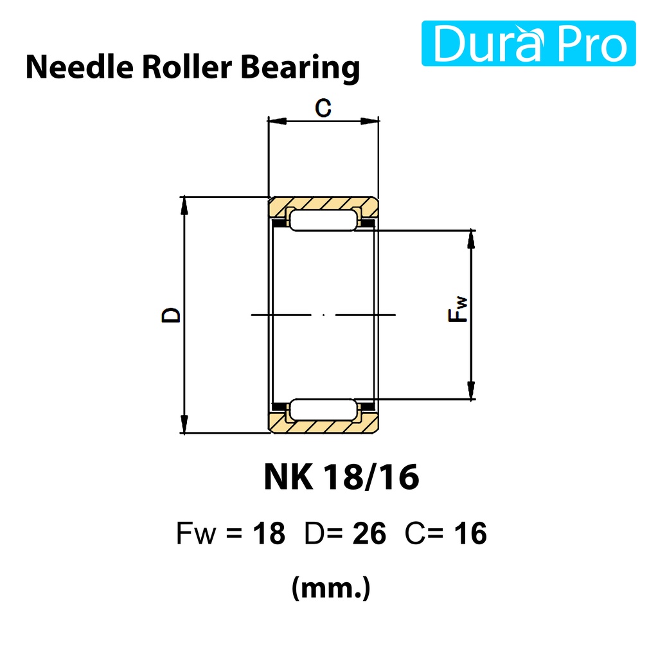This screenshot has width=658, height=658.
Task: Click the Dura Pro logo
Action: pyautogui.click(x=528, y=43)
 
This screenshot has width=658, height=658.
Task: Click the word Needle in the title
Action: pyautogui.click(x=80, y=67)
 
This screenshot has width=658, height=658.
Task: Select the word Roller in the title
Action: pyautogui.click(x=187, y=67)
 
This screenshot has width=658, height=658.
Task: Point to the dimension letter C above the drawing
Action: pyautogui.click(x=323, y=108)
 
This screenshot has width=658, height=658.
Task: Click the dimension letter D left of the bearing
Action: pyautogui.click(x=171, y=315)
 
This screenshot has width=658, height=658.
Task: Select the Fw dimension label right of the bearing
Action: pyautogui.click(x=458, y=309)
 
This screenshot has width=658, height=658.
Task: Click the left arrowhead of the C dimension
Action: pyautogui.click(x=276, y=121)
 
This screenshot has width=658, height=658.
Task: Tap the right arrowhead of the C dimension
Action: pyautogui.click(x=369, y=121)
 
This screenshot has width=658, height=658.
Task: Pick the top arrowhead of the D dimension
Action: pyautogui.click(x=184, y=206)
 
